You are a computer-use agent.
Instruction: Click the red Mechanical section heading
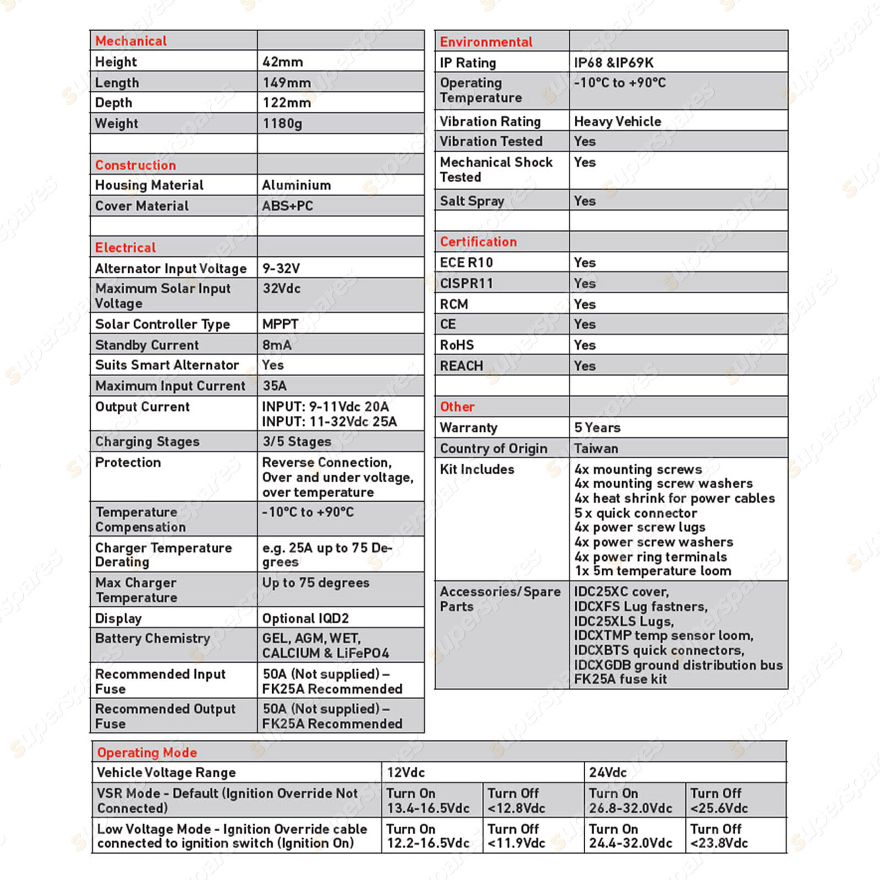pyautogui.click(x=131, y=41)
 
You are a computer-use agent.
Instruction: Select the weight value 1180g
pyautogui.click(x=282, y=123)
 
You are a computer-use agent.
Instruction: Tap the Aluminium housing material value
pyautogui.click(x=296, y=185)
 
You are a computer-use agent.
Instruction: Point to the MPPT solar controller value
pyautogui.click(x=280, y=324)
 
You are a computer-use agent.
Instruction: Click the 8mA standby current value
pyautogui.click(x=277, y=345)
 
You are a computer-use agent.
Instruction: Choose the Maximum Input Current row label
pyautogui.click(x=170, y=386)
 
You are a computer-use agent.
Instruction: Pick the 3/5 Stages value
pyautogui.click(x=296, y=442)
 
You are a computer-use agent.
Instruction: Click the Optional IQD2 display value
pyautogui.click(x=305, y=618)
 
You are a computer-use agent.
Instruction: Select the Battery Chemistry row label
pyautogui.click(x=152, y=639)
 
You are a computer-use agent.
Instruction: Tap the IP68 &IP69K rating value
pyautogui.click(x=614, y=63)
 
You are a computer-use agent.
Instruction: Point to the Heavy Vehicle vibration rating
pyautogui.click(x=617, y=122)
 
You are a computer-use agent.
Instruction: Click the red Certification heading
pyautogui.click(x=478, y=242)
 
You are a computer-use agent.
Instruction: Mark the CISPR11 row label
pyautogui.click(x=466, y=283)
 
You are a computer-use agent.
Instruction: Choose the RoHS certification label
pyautogui.click(x=457, y=345)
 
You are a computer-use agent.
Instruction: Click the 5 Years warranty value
pyautogui.click(x=597, y=427)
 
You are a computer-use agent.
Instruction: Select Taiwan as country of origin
pyautogui.click(x=596, y=448)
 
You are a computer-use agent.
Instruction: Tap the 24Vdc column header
pyautogui.click(x=607, y=773)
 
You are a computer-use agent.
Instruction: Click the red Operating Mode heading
pyautogui.click(x=147, y=752)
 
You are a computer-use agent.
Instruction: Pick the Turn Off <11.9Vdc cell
pyautogui.click(x=516, y=836)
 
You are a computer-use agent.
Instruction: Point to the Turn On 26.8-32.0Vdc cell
pyautogui.click(x=630, y=801)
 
